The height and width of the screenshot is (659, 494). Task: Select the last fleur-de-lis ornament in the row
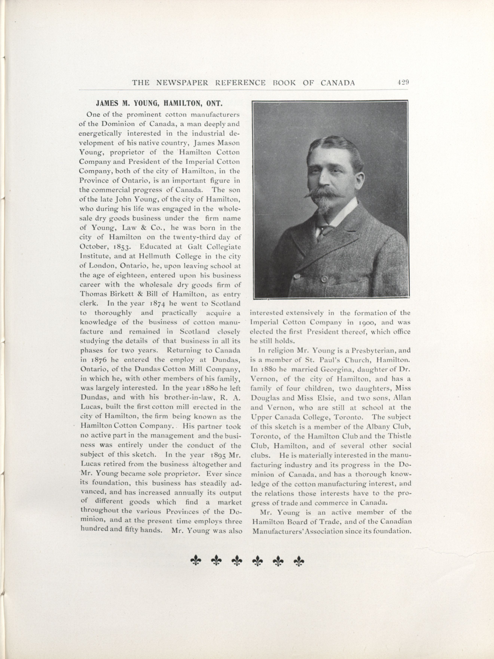click(299, 561)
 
